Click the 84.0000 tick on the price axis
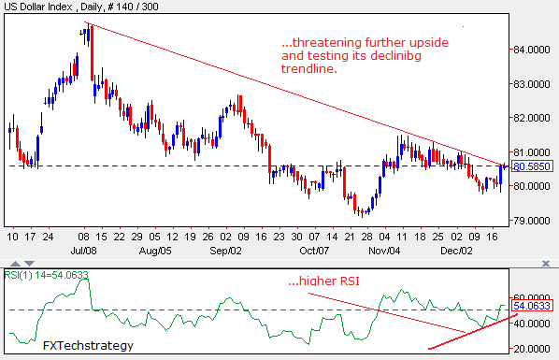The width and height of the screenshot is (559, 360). pyautogui.click(x=528, y=50)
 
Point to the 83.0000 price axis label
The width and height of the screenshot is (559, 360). pyautogui.click(x=528, y=84)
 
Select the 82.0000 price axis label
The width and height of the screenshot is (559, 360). pyautogui.click(x=528, y=118)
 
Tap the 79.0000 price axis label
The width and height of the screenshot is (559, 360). pyautogui.click(x=528, y=221)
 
